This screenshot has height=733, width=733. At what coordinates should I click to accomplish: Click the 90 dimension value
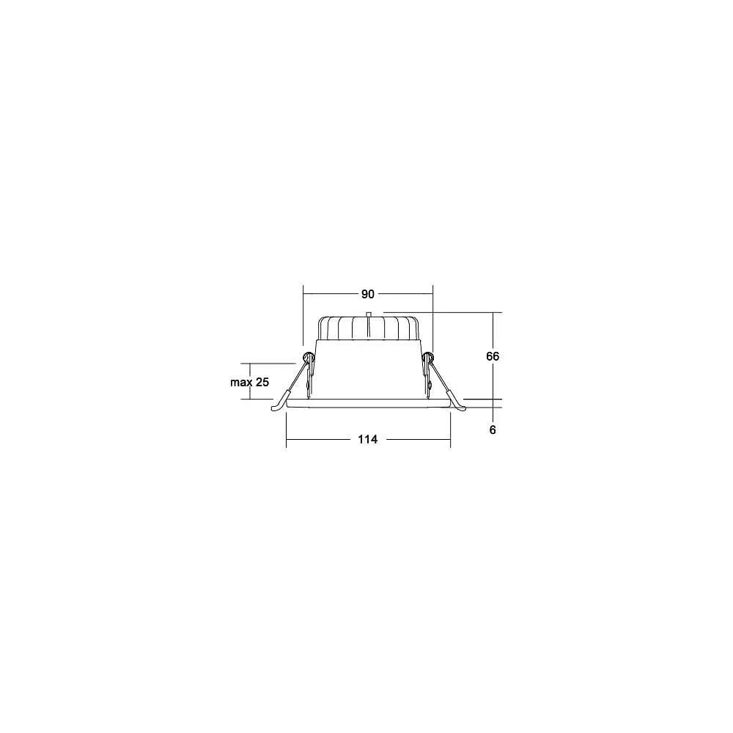368,294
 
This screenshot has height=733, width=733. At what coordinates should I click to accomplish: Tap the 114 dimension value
368,439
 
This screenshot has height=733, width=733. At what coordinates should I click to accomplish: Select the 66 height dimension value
493,356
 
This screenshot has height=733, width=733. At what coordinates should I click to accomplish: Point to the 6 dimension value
493,430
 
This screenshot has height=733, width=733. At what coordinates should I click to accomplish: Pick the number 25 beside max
262,382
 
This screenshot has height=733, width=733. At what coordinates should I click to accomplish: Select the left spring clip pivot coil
309,358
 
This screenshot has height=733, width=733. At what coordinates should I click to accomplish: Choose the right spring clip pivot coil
428,358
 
